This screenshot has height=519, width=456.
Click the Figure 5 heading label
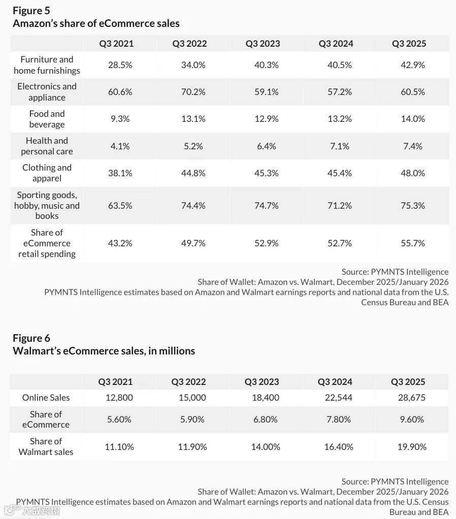point(31,10)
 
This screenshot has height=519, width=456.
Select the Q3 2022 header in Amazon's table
point(189,44)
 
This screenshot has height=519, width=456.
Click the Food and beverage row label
point(47,119)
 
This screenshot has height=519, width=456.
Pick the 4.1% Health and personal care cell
point(120,146)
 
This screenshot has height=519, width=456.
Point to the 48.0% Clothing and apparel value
point(412,173)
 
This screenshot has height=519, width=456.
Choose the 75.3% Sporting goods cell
point(412,206)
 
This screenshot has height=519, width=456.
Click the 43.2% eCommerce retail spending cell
point(120,243)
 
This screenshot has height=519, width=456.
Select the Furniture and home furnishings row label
point(47,65)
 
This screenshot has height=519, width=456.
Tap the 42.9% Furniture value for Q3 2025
point(412,65)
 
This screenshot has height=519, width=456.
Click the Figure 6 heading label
point(31,338)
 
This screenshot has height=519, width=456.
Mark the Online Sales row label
point(46,398)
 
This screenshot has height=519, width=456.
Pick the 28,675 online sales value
point(412,398)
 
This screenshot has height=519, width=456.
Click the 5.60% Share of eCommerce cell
point(119,419)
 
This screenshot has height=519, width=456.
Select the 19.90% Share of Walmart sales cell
point(412,447)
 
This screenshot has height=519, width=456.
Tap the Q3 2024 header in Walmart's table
point(335,382)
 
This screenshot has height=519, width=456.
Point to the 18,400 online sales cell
point(266,398)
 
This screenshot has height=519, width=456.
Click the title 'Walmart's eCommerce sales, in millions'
point(104,351)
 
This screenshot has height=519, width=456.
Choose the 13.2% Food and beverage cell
point(339,119)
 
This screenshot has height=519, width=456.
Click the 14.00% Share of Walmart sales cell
point(266,447)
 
